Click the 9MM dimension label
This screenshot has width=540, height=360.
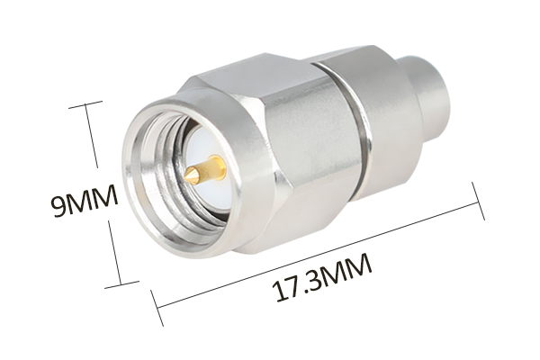coord(85,201)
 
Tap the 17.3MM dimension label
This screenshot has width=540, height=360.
coord(322,277)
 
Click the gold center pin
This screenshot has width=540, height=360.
coord(205,170)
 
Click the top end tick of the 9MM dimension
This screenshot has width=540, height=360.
coord(85,104)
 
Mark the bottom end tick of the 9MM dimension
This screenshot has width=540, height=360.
coord(121,283)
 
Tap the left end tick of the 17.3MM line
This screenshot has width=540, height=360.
coord(157,308)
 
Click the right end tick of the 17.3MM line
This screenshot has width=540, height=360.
coord(479,202)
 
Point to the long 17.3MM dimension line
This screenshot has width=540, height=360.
coord(318,254)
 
